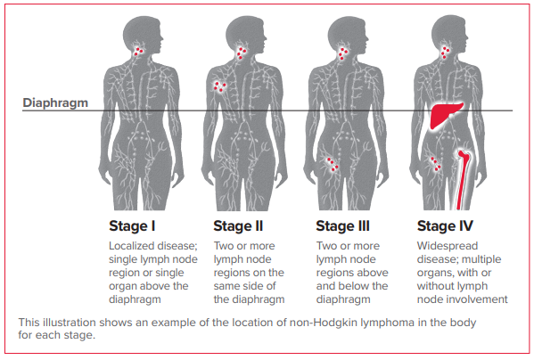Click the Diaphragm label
tap(55, 103)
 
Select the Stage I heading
tap(132, 226)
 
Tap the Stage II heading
tap(238, 226)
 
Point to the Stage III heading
tap(342, 226)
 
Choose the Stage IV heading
tap(445, 226)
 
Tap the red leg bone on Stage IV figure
tap(463, 180)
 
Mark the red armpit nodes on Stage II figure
tap(219, 86)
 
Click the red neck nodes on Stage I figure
tap(138, 52)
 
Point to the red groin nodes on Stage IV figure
tap(436, 164)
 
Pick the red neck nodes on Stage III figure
tap(343, 53)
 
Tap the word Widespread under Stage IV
tap(448, 246)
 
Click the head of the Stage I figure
tap(142, 34)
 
